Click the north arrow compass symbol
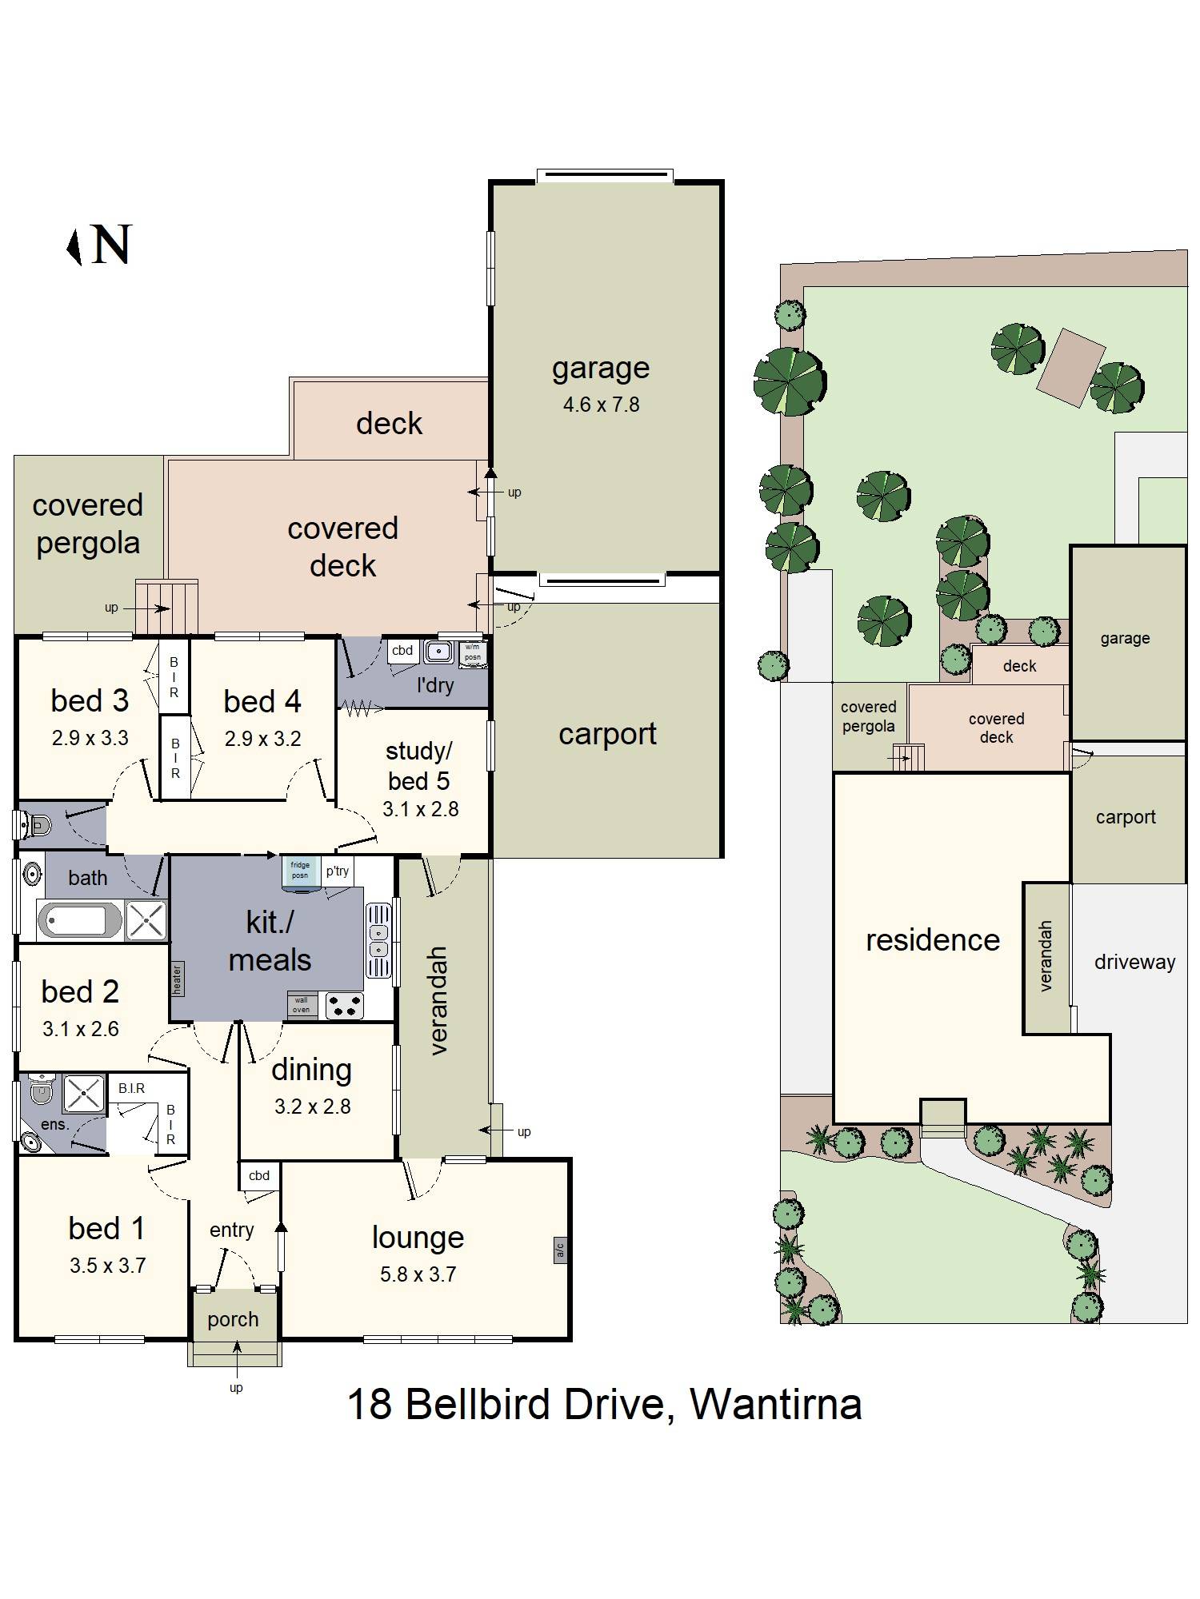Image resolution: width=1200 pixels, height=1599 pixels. tap(74, 247)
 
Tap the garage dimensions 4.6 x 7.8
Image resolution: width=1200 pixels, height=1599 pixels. tap(601, 405)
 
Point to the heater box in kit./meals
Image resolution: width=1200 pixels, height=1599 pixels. tap(177, 979)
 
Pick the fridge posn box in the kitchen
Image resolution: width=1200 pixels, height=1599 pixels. tap(300, 871)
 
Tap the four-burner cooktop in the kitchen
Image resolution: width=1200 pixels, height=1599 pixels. tap(344, 1006)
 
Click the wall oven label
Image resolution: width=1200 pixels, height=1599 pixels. tap(302, 1005)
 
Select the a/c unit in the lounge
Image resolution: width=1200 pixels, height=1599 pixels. tap(560, 1250)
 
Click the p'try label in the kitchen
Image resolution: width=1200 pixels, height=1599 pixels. tap(338, 871)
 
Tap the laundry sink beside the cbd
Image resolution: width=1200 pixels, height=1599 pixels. tap(438, 652)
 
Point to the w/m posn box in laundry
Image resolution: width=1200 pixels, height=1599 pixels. tap(473, 654)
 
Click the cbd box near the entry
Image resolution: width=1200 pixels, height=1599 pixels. tap(259, 1176)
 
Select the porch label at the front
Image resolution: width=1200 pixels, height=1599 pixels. tap(233, 1319)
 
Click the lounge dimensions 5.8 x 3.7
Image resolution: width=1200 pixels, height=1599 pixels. tap(418, 1274)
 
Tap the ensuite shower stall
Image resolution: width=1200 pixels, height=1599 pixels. tap(84, 1094)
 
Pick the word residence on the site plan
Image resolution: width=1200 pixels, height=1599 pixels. tap(933, 940)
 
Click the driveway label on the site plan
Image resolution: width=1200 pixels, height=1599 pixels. tap(1134, 963)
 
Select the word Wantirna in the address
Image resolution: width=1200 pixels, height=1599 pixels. tap(776, 1404)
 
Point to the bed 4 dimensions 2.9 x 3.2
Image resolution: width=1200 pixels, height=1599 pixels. tap(262, 739)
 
